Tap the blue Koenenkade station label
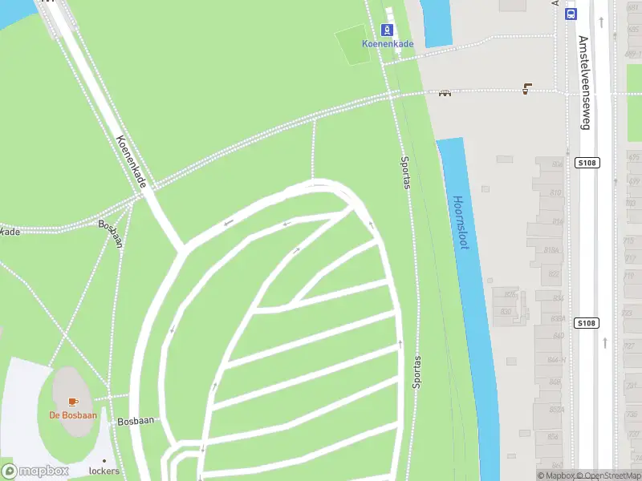(x=388, y=44)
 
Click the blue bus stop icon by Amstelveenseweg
(x=571, y=14)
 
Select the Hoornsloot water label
(x=460, y=223)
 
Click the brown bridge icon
(x=445, y=92)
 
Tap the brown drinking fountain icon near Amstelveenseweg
(x=526, y=88)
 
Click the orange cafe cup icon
(x=73, y=401)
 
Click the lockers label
(x=104, y=471)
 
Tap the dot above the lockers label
(x=104, y=460)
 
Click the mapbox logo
(x=35, y=471)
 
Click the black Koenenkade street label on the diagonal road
(x=132, y=163)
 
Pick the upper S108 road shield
(x=587, y=163)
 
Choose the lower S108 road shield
(x=587, y=323)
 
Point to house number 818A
(x=551, y=250)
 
